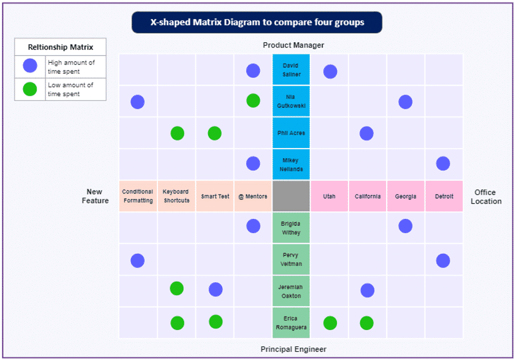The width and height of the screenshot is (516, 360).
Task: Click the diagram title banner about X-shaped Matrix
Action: tap(257, 23)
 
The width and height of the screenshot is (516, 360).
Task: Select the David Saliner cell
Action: tap(291, 70)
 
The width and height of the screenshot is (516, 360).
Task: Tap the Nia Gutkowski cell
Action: tap(291, 101)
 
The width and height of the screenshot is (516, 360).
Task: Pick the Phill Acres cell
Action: tap(291, 133)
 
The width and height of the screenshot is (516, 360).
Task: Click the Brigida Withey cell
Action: tap(291, 228)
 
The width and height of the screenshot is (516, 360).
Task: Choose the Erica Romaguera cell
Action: tap(291, 323)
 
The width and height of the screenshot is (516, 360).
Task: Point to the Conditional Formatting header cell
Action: tap(138, 196)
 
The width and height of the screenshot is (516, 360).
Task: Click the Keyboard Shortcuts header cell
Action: tap(176, 196)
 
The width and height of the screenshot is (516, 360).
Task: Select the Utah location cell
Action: tap(329, 196)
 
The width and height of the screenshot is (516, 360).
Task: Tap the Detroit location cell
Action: tap(444, 196)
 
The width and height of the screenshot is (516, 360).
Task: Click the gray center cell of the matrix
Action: tap(291, 196)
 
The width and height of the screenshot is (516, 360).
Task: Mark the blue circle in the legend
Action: tap(30, 66)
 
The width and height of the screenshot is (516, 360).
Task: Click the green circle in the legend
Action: tap(30, 89)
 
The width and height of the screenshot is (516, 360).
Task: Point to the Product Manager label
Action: tap(294, 45)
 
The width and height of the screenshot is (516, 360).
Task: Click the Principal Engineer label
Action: tap(293, 349)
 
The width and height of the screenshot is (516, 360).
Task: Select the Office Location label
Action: tap(485, 197)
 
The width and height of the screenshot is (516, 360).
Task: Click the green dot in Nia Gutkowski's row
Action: tap(253, 100)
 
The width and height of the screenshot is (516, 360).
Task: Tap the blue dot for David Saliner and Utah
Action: tap(330, 71)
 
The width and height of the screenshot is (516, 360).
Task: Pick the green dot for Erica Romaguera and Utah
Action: tap(330, 323)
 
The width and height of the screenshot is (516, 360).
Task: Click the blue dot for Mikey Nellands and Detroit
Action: tap(443, 163)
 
